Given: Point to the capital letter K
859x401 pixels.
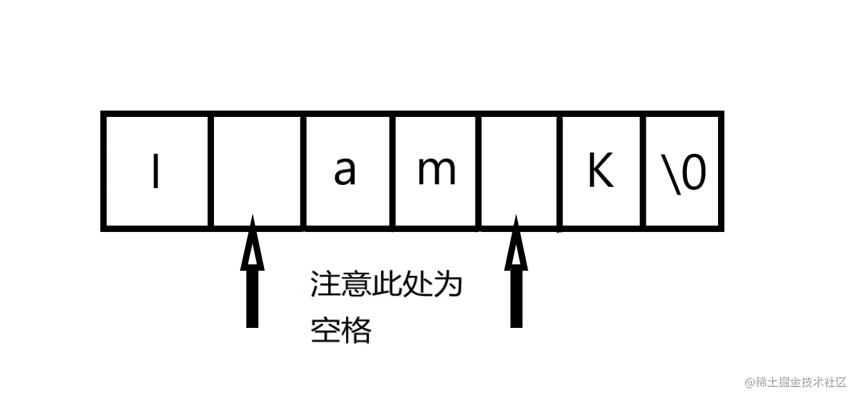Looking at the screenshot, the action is click(600, 172).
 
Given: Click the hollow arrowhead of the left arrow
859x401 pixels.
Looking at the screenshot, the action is click(252, 245).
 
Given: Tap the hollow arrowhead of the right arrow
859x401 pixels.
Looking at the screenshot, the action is click(516, 245).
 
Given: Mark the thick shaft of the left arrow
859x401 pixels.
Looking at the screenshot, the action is click(252, 299).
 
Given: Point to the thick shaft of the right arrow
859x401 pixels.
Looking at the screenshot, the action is click(516, 299).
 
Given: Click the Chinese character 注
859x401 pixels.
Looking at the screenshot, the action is click(324, 285).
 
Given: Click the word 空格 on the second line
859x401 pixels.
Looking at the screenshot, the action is click(340, 330).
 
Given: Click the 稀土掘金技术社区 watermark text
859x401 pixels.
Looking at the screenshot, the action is click(796, 382).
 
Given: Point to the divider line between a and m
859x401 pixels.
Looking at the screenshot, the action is click(392, 171).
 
